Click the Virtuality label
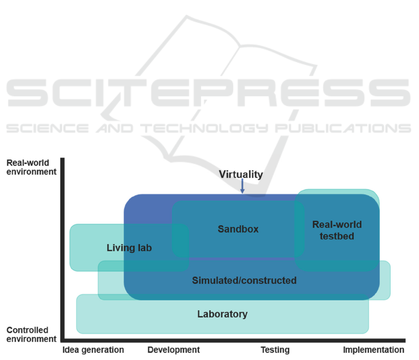[x=241, y=174]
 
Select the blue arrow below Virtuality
[x=242, y=186]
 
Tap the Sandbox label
[x=238, y=229]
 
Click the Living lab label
[x=129, y=248]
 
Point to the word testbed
[x=337, y=236]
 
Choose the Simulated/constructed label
[x=244, y=281]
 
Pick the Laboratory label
[x=222, y=314]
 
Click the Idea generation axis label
[x=93, y=350]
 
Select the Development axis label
[x=173, y=350]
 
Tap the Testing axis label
[x=275, y=350]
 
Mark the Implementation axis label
[x=373, y=350]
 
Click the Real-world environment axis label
[x=31, y=167]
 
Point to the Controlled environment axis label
[x=31, y=334]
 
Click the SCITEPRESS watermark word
[x=208, y=92]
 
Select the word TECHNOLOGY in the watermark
[x=204, y=128]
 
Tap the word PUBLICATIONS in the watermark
[x=343, y=128]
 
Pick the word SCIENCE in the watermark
[x=47, y=128]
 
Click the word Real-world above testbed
[x=337, y=224]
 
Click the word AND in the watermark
[x=115, y=128]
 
